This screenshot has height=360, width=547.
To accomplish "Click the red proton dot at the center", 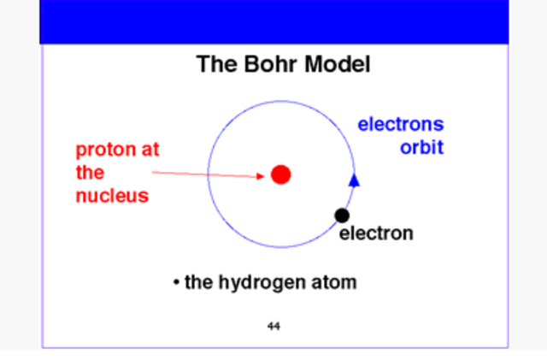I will [281, 174].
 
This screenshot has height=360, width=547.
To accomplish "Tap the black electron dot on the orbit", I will [342, 215].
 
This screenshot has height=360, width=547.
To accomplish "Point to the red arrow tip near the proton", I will [265, 177].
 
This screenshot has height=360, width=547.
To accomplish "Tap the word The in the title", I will [213, 64].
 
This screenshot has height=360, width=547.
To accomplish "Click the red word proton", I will [101, 150].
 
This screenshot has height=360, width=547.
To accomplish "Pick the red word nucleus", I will [112, 196].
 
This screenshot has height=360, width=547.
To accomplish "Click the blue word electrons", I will [400, 125].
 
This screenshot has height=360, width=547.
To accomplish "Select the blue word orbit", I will [422, 147].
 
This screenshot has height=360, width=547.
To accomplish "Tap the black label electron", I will [376, 233].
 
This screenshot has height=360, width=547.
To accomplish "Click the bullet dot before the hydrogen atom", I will [175, 282].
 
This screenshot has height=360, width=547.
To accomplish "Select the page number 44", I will [273, 326].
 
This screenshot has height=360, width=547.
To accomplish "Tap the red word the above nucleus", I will [90, 173].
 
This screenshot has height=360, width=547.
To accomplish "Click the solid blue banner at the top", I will [273, 21].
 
